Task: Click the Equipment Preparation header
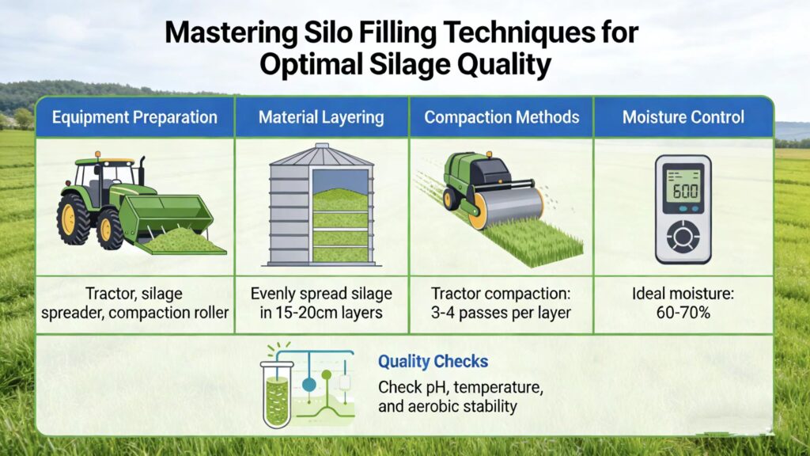(x=134, y=118)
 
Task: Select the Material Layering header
(x=321, y=118)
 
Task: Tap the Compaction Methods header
(x=502, y=118)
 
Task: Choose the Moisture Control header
(x=683, y=118)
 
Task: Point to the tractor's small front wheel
(x=110, y=230)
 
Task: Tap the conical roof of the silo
(x=321, y=154)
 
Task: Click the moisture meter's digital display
(x=683, y=190)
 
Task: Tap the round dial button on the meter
(x=683, y=236)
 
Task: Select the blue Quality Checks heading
(x=433, y=362)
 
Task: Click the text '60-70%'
(x=683, y=313)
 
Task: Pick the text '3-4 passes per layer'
(x=502, y=313)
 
